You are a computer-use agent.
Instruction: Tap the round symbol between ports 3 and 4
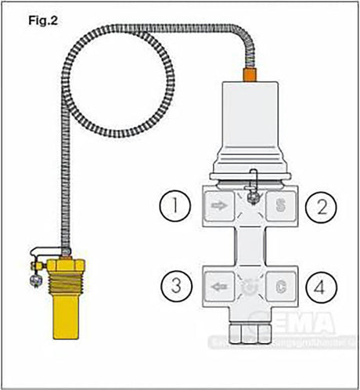pos(248,286)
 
